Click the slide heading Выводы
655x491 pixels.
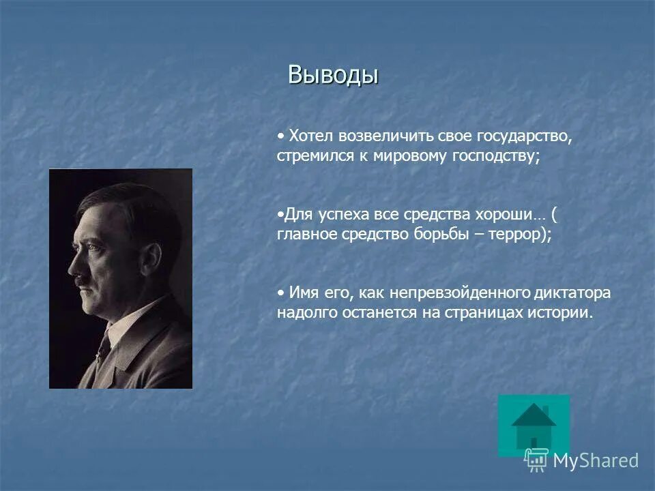coord(333,74)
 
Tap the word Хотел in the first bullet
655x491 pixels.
coord(308,136)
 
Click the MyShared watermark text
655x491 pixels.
coord(595,461)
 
